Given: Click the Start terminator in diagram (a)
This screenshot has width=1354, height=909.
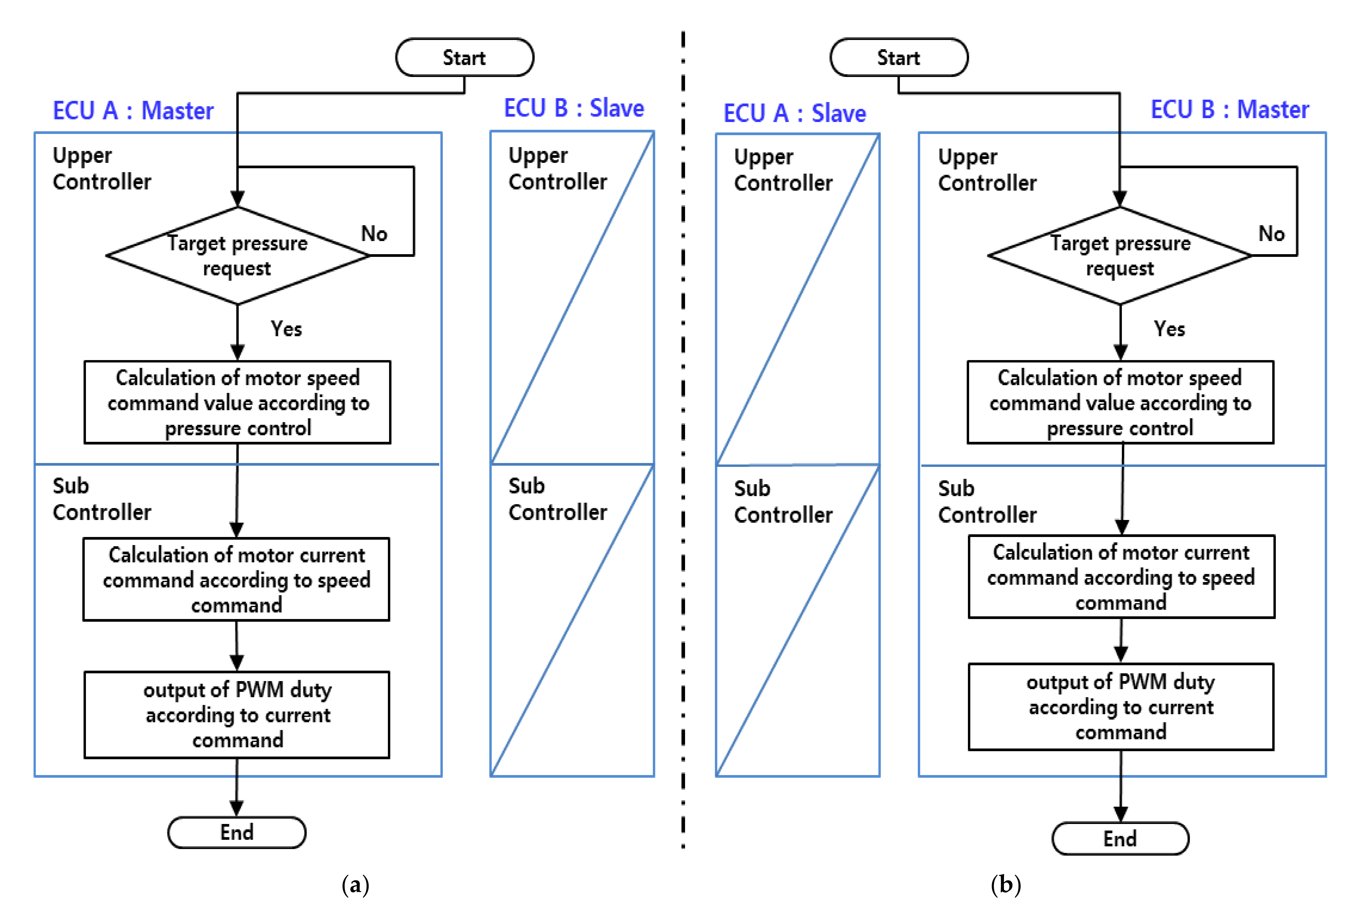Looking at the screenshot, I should pyautogui.click(x=464, y=57).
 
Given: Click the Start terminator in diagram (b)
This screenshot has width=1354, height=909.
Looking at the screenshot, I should pyautogui.click(x=898, y=57).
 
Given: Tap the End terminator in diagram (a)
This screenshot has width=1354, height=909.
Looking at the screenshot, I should pyautogui.click(x=237, y=832).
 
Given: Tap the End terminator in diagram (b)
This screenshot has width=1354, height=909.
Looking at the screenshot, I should pyautogui.click(x=1120, y=838).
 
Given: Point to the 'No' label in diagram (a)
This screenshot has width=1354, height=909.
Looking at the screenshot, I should pyautogui.click(x=374, y=234).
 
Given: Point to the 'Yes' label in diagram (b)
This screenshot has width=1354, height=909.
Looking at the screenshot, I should pyautogui.click(x=1169, y=329).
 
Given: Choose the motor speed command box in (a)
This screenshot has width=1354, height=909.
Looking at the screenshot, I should pyautogui.click(x=237, y=402).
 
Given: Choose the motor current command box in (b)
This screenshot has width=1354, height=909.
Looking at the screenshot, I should pyautogui.click(x=1121, y=577).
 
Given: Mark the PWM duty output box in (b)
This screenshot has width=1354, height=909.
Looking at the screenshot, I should pyautogui.click(x=1121, y=707).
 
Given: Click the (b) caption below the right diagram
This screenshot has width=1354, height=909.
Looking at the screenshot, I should pyautogui.click(x=1006, y=885).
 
